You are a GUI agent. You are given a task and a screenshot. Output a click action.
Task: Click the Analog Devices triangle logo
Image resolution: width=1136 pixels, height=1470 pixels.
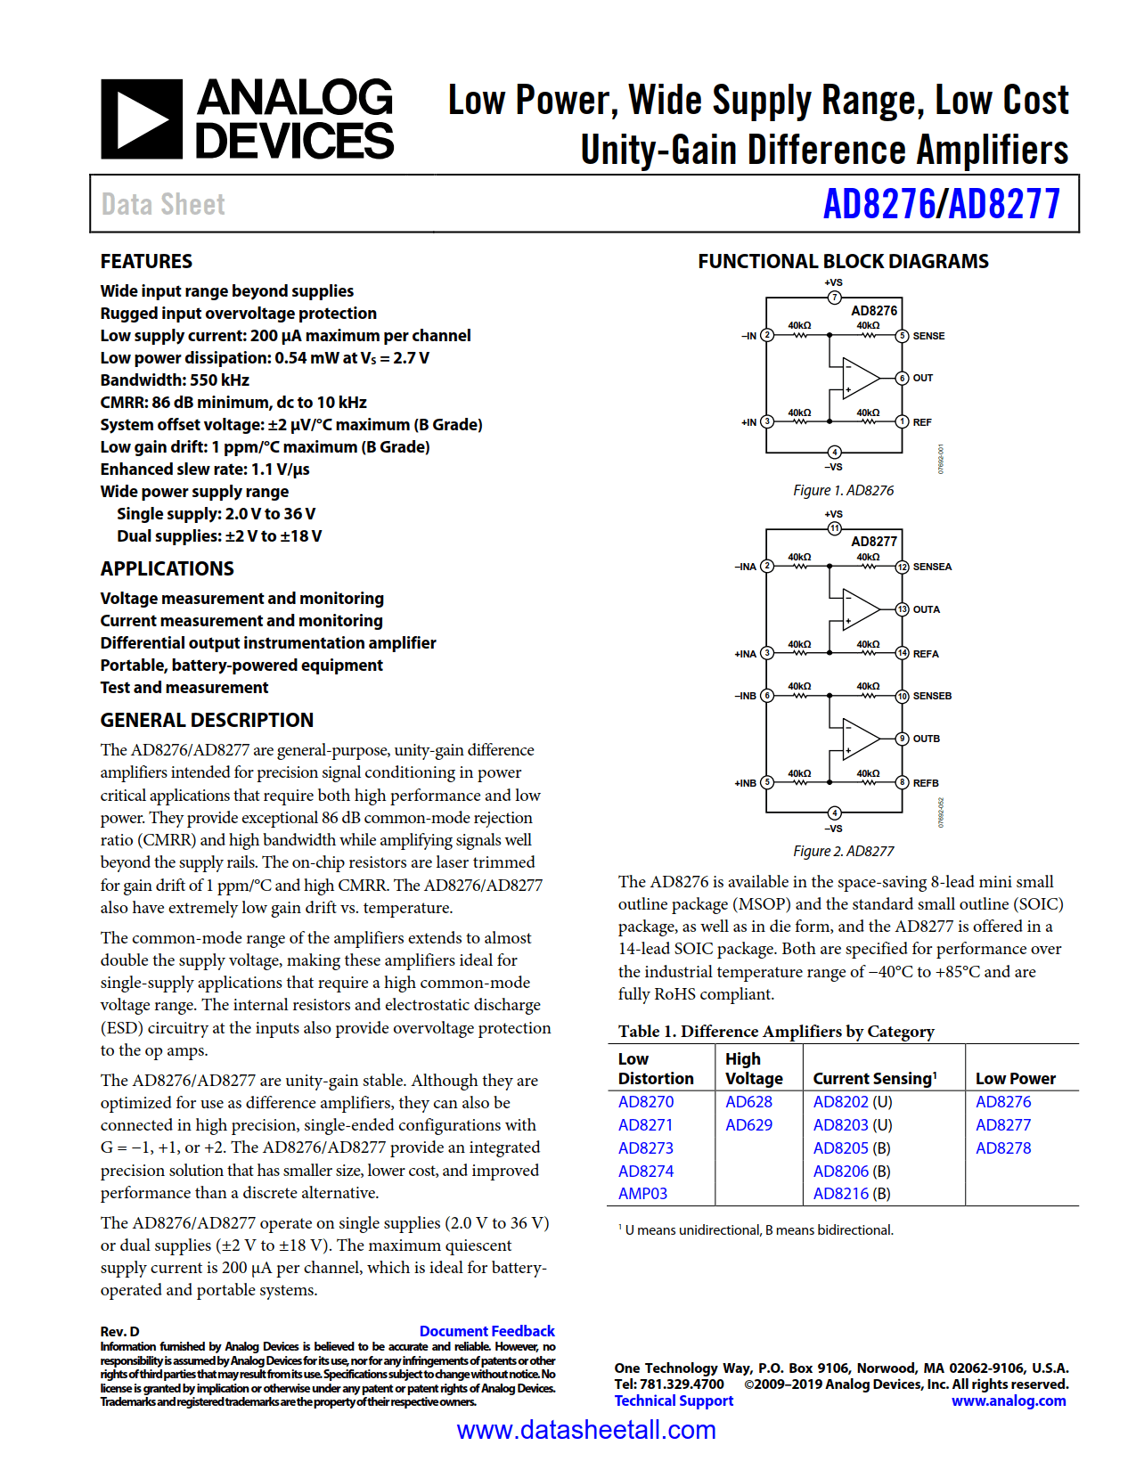(142, 118)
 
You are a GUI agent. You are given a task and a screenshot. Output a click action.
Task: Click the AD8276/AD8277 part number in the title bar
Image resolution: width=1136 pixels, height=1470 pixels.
(941, 204)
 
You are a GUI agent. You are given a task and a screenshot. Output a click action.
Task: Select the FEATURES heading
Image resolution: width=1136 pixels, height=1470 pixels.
(146, 261)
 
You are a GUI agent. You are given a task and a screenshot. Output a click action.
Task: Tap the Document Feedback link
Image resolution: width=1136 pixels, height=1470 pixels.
(486, 1331)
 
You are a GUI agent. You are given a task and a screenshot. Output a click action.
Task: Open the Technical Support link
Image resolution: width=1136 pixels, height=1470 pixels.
(674, 1401)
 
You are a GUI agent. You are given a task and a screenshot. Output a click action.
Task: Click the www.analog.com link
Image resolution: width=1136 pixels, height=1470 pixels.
(1009, 1401)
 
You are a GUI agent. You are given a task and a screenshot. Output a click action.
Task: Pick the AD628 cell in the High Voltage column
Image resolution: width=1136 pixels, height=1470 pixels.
(748, 1102)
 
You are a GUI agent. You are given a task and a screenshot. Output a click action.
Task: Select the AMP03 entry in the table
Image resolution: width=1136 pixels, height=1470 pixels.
(642, 1194)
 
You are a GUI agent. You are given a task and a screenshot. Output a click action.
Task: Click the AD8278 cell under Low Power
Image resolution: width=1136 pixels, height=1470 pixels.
(1003, 1148)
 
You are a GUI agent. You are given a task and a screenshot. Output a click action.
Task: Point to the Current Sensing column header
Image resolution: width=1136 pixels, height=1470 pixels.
(874, 1078)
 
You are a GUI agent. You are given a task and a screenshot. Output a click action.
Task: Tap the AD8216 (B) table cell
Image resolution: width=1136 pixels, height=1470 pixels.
(851, 1194)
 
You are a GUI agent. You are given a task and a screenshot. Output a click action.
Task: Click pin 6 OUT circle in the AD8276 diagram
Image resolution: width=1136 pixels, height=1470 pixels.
(902, 378)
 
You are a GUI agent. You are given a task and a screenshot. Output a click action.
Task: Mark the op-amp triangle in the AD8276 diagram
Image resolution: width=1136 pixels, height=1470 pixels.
(859, 378)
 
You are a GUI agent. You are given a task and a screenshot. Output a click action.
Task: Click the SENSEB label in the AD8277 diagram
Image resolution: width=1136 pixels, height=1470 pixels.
(932, 696)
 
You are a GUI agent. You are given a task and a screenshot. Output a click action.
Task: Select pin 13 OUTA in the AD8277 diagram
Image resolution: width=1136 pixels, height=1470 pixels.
(902, 609)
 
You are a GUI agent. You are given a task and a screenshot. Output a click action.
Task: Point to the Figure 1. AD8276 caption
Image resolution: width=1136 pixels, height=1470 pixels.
(843, 491)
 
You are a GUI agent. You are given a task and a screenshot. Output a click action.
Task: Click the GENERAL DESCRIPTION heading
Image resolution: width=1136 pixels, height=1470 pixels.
(207, 720)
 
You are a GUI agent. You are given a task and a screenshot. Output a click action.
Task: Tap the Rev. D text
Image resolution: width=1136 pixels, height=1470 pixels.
(119, 1332)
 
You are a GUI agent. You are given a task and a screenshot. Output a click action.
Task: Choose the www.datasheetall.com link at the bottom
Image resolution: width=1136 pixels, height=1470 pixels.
(586, 1430)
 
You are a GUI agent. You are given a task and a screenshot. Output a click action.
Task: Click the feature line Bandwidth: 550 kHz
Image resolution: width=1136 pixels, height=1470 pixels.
(175, 380)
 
